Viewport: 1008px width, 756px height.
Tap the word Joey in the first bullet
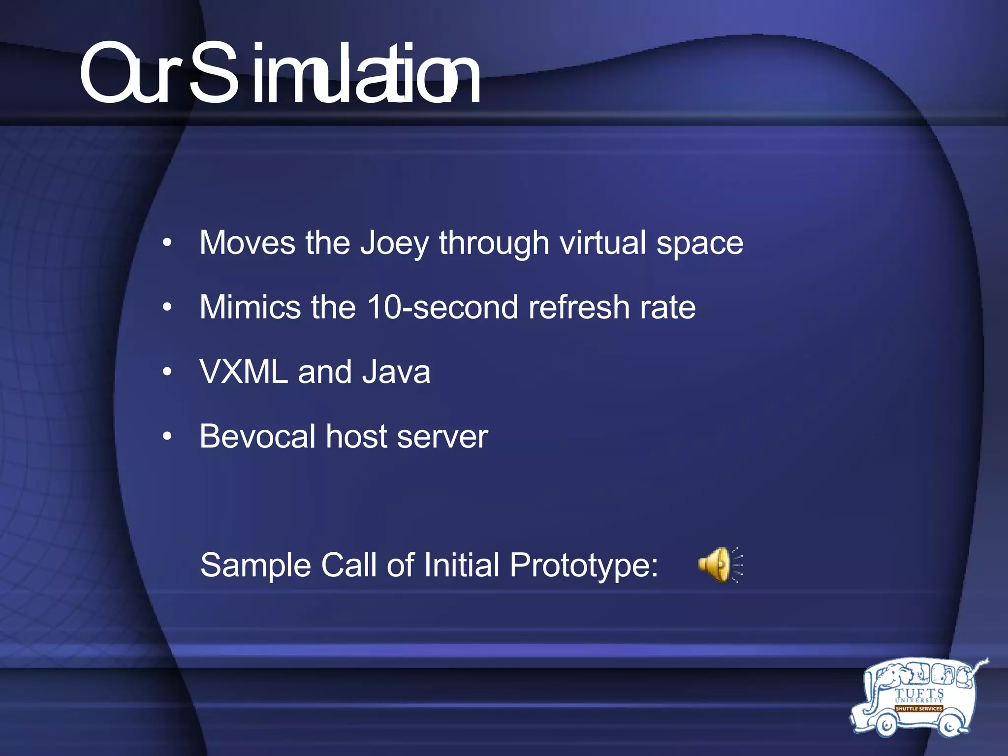coord(394,244)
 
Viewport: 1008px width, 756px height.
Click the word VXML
coord(244,372)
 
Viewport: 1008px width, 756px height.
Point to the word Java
coord(396,372)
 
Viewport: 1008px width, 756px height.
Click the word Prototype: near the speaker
coord(584,566)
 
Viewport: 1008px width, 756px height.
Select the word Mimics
coord(250,307)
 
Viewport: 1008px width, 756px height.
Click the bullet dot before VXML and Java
coord(167,372)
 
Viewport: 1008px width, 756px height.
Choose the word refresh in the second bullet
coord(579,307)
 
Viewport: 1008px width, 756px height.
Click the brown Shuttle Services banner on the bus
coord(918,709)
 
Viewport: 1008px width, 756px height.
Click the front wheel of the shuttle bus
coord(886,724)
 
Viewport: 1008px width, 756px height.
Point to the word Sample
coord(255,565)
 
